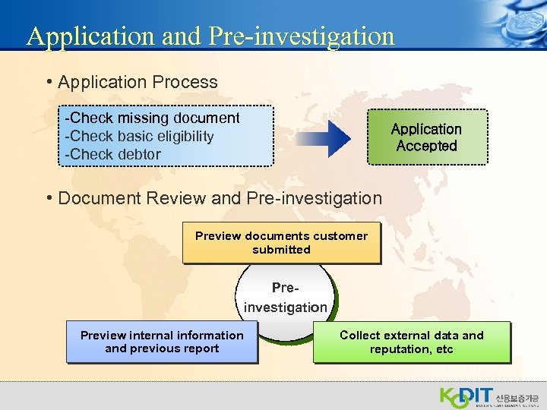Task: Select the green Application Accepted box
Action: (x=427, y=137)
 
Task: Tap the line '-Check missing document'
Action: (x=153, y=118)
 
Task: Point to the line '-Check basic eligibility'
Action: (x=140, y=137)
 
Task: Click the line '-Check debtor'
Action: (x=113, y=154)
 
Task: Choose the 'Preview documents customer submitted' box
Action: (x=281, y=242)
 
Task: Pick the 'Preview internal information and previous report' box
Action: (x=162, y=342)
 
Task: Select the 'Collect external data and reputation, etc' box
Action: (x=411, y=342)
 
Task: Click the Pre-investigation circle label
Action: (x=285, y=298)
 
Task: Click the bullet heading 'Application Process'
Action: (x=138, y=82)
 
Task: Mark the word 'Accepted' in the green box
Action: (x=426, y=146)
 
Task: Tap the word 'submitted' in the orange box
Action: (x=281, y=249)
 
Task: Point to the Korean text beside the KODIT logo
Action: (x=516, y=396)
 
